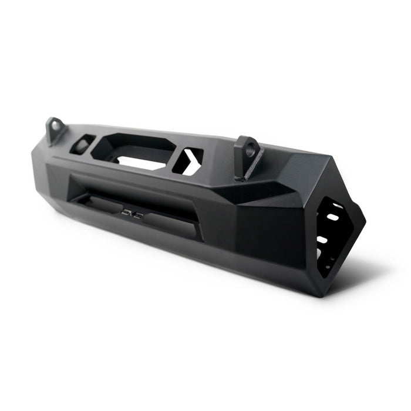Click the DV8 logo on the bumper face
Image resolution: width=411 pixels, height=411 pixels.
(x=133, y=211)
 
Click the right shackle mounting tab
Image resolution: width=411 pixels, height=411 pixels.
(x=248, y=156)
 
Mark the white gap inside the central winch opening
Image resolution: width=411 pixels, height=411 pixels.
(x=141, y=158)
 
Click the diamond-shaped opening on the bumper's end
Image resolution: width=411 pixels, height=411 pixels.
(x=335, y=235)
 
